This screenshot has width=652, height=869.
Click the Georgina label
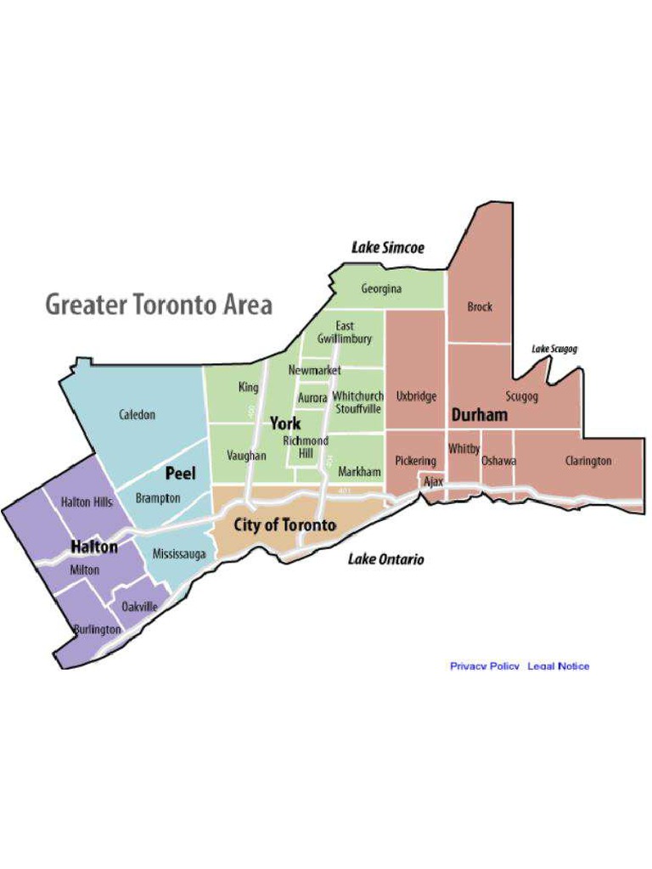coord(381,289)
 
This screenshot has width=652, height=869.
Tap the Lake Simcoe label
coord(388,248)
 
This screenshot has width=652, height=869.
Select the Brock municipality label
coord(480,307)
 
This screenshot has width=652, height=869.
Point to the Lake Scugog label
coord(555,349)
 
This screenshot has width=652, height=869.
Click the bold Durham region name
coord(480,415)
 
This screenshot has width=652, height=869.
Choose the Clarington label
coord(588,461)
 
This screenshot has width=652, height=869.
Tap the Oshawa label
coord(499,461)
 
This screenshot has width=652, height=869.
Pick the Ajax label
coord(433,481)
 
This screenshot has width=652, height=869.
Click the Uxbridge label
coord(416,396)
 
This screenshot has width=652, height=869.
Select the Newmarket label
coord(314,371)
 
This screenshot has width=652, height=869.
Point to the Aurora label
coord(312,397)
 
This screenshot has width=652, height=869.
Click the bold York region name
coord(285,423)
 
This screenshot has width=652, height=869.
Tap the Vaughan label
coord(247,456)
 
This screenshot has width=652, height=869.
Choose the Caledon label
coord(138,415)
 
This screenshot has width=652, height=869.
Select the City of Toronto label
coord(285,525)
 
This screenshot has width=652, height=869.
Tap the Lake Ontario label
coord(386,559)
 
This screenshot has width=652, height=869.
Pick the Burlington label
coord(98,630)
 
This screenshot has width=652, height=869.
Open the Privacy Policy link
coord(485,666)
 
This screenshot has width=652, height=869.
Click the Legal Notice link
coord(559,666)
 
